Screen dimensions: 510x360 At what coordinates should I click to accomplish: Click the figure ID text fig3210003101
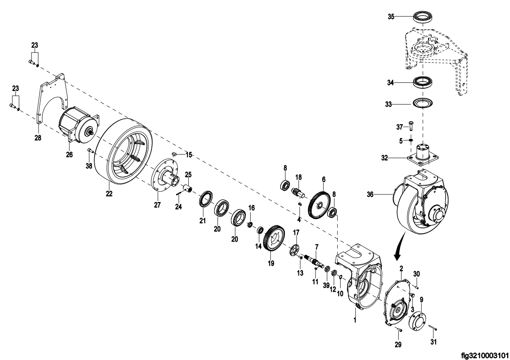click(484, 355)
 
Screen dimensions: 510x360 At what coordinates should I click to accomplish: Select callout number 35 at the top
click(391, 17)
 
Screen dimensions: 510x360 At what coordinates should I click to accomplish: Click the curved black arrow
click(400, 246)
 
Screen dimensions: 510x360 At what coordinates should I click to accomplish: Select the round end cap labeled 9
click(418, 321)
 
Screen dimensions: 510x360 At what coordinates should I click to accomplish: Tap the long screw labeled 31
click(433, 328)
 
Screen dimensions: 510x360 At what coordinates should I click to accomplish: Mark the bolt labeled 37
click(411, 126)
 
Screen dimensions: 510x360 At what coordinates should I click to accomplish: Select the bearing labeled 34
click(423, 83)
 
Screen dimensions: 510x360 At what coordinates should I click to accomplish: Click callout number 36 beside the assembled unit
click(370, 194)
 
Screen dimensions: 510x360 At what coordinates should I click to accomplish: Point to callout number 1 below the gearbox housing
click(355, 320)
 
